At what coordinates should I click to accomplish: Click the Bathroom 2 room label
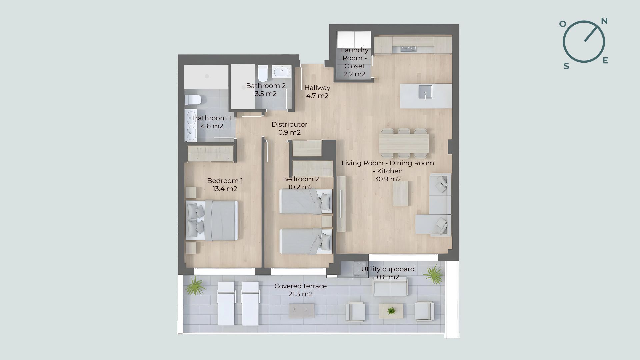point(266,90)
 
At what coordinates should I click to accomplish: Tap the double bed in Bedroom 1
point(212,220)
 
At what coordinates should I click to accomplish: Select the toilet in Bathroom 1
point(193,100)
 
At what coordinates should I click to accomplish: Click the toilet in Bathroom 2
point(263,73)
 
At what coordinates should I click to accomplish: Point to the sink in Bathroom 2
point(282,71)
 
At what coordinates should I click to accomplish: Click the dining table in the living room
point(404,143)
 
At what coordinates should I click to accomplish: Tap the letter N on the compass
point(604,21)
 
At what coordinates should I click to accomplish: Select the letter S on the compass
point(566,66)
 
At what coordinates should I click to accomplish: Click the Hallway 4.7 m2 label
point(317,92)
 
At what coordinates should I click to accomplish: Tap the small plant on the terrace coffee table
point(391,311)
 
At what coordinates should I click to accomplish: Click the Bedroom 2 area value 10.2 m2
point(300,187)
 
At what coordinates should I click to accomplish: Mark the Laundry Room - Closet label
point(355,62)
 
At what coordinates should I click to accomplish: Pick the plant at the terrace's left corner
point(195,286)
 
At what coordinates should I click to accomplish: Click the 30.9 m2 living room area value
point(388,179)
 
